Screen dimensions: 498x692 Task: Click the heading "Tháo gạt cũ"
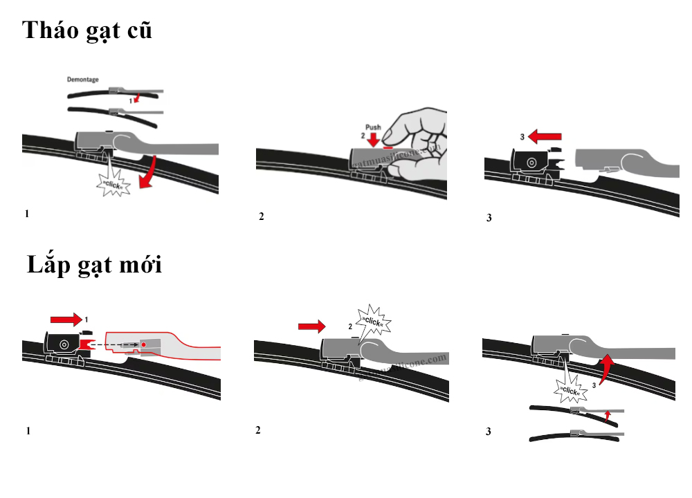(87, 32)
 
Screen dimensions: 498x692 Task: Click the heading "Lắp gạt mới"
(95, 265)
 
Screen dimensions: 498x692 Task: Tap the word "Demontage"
(82, 80)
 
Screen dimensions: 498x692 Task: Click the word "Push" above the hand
(373, 128)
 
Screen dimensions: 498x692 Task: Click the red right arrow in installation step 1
(66, 319)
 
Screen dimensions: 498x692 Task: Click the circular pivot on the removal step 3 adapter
(531, 163)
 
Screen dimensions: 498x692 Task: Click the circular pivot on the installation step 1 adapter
(63, 343)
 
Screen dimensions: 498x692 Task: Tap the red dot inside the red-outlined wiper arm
(143, 344)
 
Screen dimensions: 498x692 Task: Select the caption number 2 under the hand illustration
(261, 216)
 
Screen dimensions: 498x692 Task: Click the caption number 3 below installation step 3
(488, 432)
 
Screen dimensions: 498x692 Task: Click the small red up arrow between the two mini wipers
(607, 415)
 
